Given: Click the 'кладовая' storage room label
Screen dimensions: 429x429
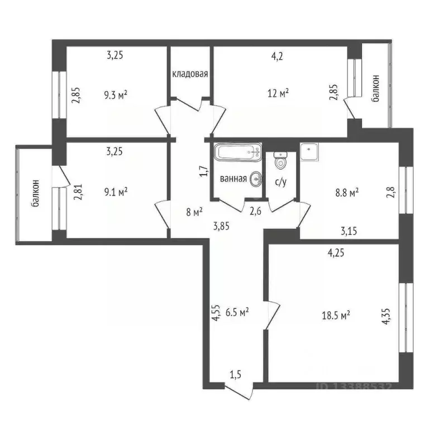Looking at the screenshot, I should (190, 74).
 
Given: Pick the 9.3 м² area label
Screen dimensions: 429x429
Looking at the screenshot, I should (116, 95).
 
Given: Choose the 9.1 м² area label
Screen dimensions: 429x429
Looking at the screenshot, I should (116, 192).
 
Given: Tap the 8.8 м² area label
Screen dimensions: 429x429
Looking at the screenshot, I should (346, 192).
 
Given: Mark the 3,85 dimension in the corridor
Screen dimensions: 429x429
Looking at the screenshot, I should (221, 226).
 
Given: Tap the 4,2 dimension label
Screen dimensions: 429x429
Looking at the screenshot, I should (278, 55).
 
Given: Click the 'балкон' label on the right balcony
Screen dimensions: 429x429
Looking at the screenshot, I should (376, 88).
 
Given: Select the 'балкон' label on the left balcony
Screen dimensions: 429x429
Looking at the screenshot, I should (35, 193).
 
